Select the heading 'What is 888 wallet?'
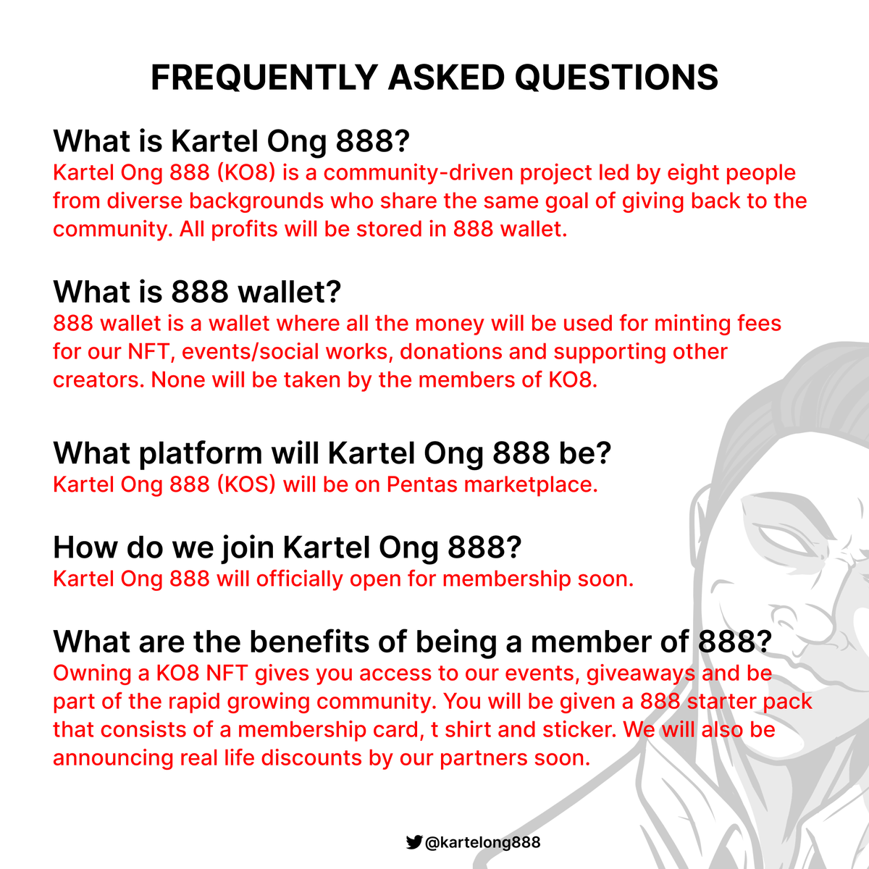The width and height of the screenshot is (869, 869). click(x=197, y=292)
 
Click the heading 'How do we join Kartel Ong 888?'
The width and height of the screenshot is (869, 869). click(x=287, y=547)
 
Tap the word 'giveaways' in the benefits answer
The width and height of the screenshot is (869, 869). click(x=640, y=673)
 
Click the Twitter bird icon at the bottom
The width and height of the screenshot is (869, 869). click(x=413, y=842)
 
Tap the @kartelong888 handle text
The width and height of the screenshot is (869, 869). click(x=482, y=842)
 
